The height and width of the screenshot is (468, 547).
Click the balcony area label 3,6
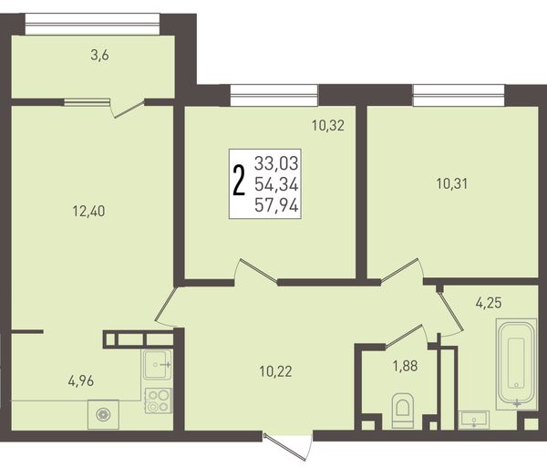coord(99,55)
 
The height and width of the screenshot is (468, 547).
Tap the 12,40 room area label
coord(88,211)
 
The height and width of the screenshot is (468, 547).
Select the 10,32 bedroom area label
coord(328,125)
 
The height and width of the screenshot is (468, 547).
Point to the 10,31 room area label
coord(452,183)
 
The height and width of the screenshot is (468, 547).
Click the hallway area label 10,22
coord(275,371)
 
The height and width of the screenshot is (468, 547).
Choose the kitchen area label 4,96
coord(81,381)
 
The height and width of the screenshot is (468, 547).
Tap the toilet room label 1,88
coord(405,366)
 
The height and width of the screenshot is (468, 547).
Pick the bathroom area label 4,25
coord(489,303)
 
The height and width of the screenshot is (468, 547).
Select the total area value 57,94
coord(276,205)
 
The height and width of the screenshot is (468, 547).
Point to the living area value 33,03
coord(276,163)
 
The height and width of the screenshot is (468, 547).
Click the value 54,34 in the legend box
coord(276,184)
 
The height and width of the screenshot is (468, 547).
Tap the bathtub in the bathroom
coord(516,364)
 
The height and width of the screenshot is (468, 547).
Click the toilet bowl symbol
coord(403,411)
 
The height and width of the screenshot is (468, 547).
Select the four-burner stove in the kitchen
coord(159,400)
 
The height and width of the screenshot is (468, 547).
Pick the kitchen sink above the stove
coord(158,365)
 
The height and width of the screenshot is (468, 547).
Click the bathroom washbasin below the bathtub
coord(474,420)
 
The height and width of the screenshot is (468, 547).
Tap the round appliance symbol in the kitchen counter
coord(103,414)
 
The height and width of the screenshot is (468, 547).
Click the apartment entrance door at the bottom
coord(287,447)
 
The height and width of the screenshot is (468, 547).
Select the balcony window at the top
coord(92,24)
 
